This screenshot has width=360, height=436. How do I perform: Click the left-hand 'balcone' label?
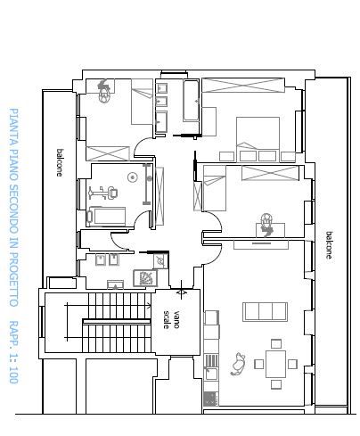(x=60, y=162)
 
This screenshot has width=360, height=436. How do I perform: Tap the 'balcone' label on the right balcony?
(x=329, y=245)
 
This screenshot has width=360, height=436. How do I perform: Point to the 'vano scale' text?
(x=171, y=320)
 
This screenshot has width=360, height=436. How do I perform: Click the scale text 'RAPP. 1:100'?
(x=13, y=352)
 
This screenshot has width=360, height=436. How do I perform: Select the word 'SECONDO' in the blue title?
(x=13, y=210)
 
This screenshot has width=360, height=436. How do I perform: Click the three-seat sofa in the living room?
(x=265, y=312)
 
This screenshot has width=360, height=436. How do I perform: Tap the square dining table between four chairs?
(x=275, y=364)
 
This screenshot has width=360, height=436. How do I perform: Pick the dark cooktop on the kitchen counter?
(x=211, y=399)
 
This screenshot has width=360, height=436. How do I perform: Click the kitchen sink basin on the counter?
(x=211, y=374)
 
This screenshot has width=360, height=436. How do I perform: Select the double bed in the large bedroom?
(x=258, y=136)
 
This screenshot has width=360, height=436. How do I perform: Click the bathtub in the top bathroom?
(x=191, y=101)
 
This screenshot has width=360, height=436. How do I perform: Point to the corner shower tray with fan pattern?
(x=145, y=278)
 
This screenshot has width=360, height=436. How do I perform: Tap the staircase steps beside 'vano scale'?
(x=117, y=322)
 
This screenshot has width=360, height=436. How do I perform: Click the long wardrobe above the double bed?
(x=243, y=86)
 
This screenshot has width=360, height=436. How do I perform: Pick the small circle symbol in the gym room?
(x=133, y=177)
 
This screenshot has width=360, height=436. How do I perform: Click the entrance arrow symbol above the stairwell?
(x=182, y=291)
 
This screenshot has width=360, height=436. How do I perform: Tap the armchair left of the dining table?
(x=238, y=364)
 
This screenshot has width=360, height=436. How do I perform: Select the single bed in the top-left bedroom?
(x=143, y=102)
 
